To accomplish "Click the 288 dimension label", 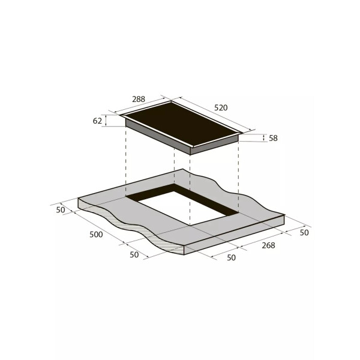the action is coord(139,99).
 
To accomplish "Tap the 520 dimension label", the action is coord(221,107).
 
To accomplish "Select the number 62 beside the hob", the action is coord(97,121).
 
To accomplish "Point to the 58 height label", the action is coord(273,138).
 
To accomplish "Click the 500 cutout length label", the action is coord(96,235).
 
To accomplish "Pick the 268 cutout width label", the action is coord(268,245).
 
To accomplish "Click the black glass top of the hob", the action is coord(182,123).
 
